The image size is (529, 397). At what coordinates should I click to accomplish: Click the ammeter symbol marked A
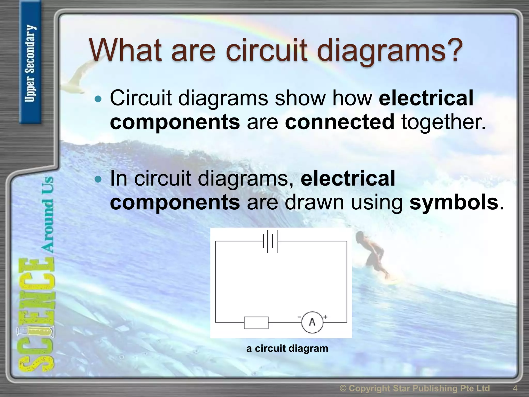coord(312,322)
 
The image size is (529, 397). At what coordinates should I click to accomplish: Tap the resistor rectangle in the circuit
coord(256,323)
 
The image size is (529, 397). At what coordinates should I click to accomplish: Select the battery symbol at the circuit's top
coord(270,241)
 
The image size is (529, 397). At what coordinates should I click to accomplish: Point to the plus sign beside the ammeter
coord(325,317)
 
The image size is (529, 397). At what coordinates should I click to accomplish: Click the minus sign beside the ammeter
coord(299,317)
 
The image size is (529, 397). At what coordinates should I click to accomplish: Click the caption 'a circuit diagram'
coord(287,348)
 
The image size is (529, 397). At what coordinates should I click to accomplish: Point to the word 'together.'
coord(443,122)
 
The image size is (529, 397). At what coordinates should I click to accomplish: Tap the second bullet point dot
coord(98,179)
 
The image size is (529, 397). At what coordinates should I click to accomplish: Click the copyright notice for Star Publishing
coord(415,388)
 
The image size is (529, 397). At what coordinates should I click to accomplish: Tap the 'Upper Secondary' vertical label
coord(30,64)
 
